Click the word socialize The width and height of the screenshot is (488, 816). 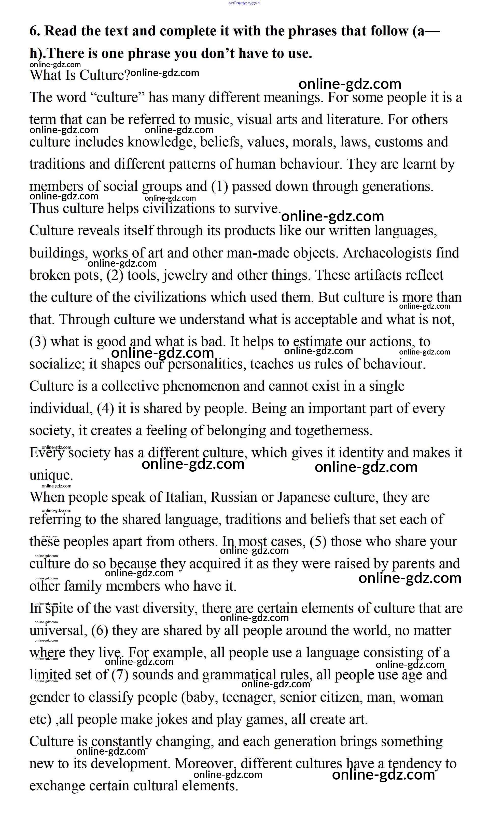tap(57, 364)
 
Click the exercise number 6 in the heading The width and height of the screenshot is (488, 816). tap(34, 31)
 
